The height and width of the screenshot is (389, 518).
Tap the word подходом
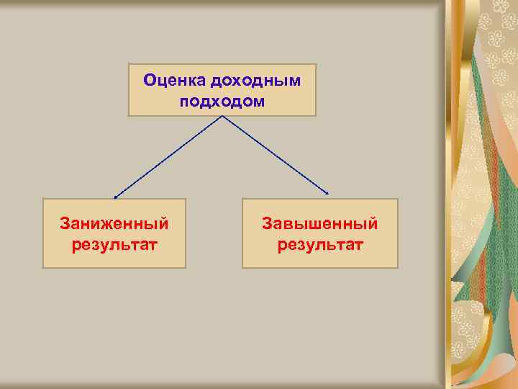(x=222, y=102)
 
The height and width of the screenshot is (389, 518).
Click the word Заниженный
(x=114, y=224)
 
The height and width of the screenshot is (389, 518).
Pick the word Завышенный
(x=319, y=224)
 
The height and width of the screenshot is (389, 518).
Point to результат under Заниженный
(x=114, y=245)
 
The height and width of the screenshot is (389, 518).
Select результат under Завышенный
(x=319, y=245)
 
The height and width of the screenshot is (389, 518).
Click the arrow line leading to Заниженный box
(x=169, y=156)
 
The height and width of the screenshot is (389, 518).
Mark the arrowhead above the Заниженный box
(x=116, y=196)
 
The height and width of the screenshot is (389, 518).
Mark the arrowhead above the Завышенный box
(x=328, y=194)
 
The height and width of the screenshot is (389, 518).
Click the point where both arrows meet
(x=222, y=117)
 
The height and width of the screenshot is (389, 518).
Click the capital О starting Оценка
(x=149, y=80)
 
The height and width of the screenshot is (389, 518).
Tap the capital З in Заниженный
(x=64, y=224)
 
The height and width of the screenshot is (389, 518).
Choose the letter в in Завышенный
(x=286, y=225)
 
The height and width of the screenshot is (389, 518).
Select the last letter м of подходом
(x=259, y=102)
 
